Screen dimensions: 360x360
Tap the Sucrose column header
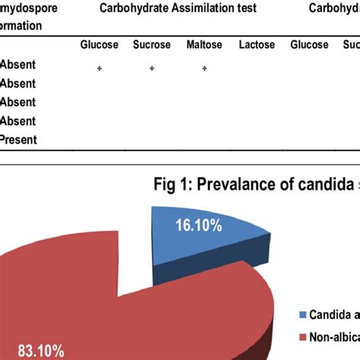click(x=152, y=45)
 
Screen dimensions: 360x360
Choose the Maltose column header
click(x=204, y=45)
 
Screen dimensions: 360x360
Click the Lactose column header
click(x=257, y=45)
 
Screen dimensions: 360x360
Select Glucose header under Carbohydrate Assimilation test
click(x=99, y=45)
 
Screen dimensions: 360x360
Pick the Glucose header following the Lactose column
click(x=309, y=45)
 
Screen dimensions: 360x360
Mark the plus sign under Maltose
click(x=204, y=68)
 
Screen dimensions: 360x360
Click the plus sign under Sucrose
click(x=152, y=68)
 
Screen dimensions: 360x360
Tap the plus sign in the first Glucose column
click(x=99, y=68)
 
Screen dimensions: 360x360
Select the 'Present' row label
click(x=18, y=140)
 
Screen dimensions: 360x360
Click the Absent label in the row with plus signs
click(x=18, y=66)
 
